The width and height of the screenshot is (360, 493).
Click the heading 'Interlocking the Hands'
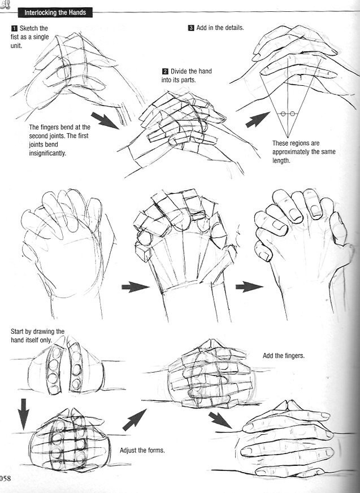click(55, 12)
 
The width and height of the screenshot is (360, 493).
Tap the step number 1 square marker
click(14, 28)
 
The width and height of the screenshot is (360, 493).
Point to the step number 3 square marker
click(191, 28)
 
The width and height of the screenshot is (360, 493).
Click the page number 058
click(5, 478)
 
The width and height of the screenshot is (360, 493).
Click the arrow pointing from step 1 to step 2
click(105, 120)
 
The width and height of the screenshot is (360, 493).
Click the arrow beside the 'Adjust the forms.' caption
click(135, 420)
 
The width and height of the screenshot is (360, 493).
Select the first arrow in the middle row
click(135, 287)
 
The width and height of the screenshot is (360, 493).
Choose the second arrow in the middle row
click(249, 286)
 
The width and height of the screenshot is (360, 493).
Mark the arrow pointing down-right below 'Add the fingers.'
click(220, 420)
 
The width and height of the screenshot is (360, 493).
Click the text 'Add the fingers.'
click(284, 356)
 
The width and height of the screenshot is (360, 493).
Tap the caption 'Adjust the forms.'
click(142, 450)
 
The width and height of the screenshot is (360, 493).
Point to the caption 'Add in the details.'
click(220, 28)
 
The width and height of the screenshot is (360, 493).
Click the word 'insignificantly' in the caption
click(47, 154)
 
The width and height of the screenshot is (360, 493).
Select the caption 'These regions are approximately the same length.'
click(304, 152)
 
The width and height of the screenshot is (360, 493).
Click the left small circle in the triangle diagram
click(283, 114)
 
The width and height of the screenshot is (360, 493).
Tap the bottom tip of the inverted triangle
click(288, 138)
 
